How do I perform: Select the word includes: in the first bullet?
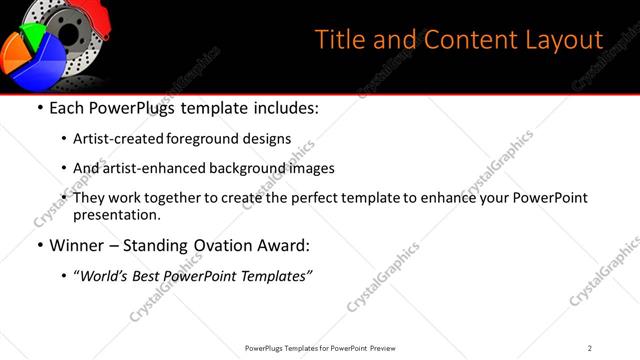282,107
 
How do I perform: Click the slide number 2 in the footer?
589,348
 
